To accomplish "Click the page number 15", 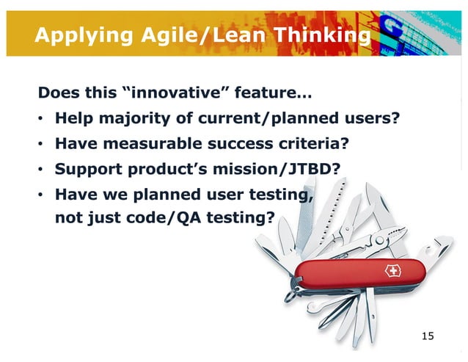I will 427,336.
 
